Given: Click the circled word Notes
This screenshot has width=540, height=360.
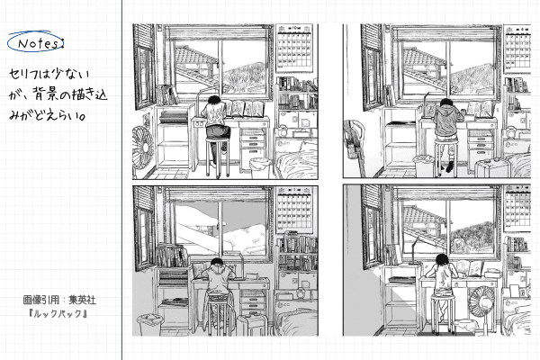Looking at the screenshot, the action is (x=36, y=43).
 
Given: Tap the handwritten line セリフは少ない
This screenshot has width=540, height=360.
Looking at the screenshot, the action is (x=49, y=74).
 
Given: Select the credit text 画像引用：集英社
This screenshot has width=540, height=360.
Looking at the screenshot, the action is (x=59, y=300).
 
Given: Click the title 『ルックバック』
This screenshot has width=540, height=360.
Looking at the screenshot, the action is (x=58, y=314).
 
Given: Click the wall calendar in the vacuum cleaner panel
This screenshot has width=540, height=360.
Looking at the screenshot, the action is (x=517, y=49).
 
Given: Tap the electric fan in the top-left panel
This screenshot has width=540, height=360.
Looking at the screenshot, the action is (x=142, y=148).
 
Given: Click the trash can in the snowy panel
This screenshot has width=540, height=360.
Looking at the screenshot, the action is (x=149, y=325).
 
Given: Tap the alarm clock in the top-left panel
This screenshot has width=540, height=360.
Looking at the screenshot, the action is (x=282, y=131).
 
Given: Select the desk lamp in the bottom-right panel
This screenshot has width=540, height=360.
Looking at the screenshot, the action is (x=414, y=251).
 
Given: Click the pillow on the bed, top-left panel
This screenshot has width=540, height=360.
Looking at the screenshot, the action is (x=308, y=146).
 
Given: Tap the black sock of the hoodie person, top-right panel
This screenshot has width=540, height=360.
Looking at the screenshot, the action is (x=449, y=167).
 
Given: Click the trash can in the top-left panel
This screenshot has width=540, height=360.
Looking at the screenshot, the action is (x=259, y=167).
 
